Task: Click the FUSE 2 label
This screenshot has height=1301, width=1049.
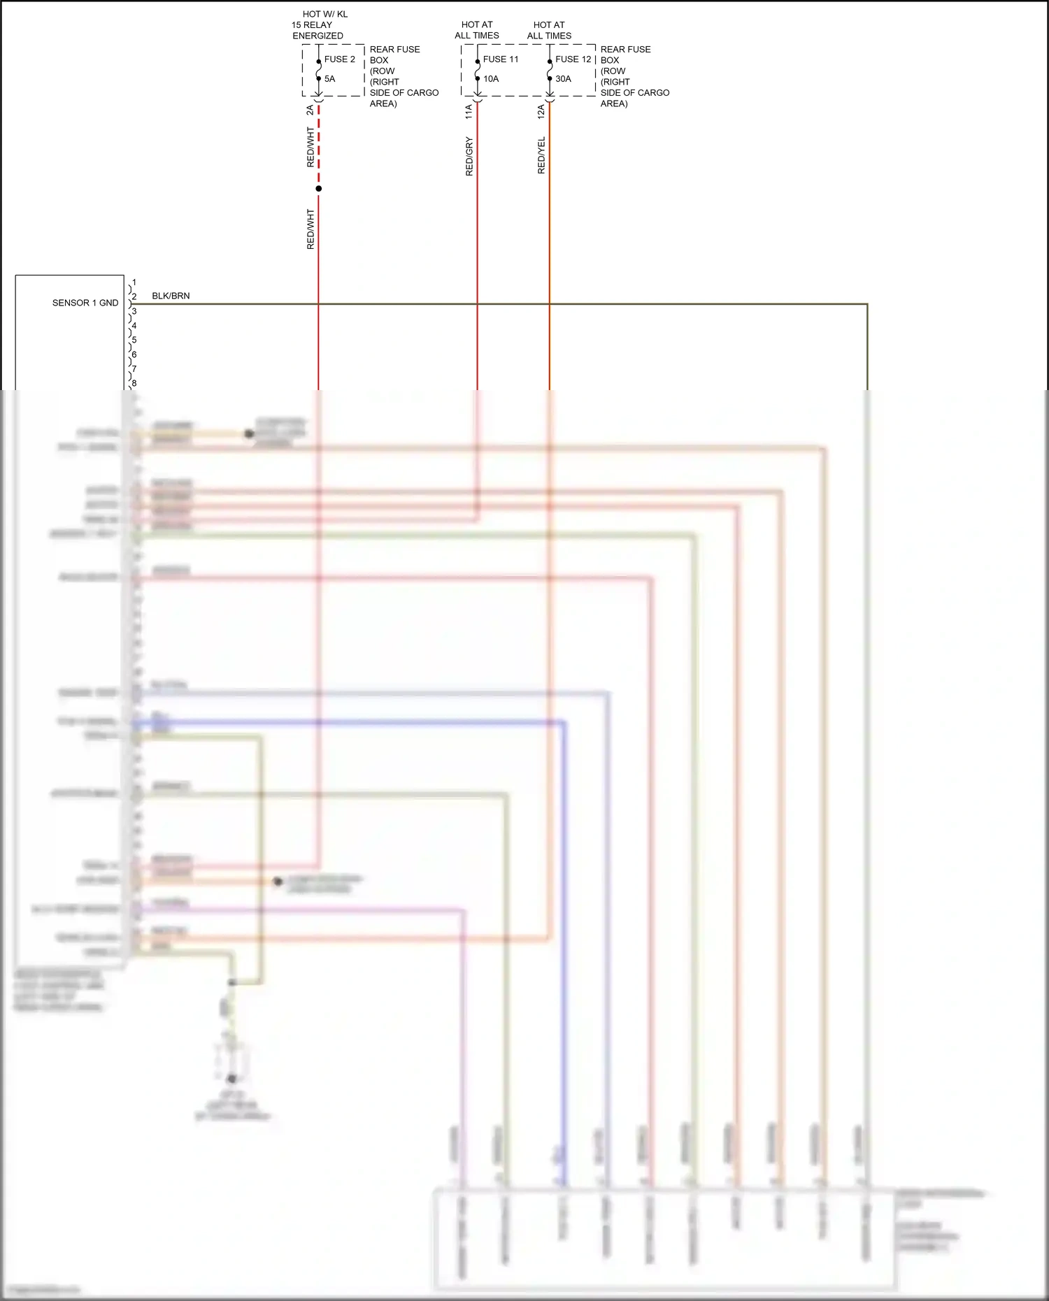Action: point(339,59)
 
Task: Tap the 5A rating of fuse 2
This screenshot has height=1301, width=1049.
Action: point(329,79)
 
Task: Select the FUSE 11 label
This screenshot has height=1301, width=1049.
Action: point(501,59)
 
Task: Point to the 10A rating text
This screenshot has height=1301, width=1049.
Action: point(491,79)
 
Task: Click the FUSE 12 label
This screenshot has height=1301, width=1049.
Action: point(573,59)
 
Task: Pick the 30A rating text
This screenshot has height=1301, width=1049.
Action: point(563,79)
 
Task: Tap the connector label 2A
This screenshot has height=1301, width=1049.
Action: point(310,110)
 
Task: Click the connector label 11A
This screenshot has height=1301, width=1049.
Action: point(469,111)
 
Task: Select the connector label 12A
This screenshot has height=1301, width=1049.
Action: point(541,111)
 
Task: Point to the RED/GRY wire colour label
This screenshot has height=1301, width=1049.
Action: point(469,156)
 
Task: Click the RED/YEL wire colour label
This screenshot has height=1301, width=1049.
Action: point(541,155)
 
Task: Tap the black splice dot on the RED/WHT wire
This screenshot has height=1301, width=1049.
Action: point(319,189)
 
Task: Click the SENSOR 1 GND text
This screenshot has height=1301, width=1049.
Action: point(85,303)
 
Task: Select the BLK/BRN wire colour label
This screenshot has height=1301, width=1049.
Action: point(171,296)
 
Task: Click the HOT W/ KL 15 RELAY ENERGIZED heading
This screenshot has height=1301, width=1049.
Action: point(319,24)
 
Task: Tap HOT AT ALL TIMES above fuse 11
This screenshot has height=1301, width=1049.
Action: point(477,30)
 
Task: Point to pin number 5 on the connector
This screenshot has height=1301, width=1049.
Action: point(134,340)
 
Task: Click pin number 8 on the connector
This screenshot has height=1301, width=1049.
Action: point(134,383)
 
